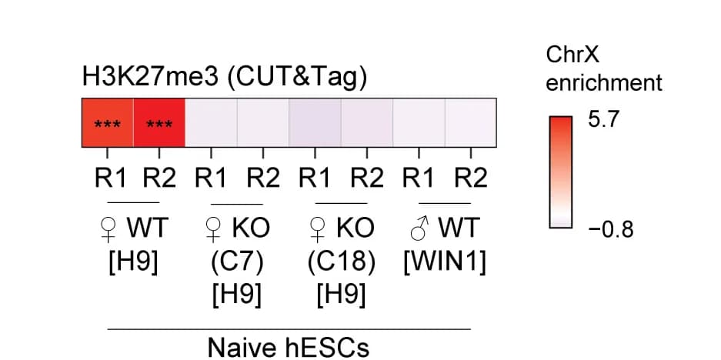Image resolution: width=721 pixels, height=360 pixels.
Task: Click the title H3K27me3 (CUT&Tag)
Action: [225, 77]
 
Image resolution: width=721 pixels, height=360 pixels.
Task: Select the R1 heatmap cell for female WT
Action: [108, 123]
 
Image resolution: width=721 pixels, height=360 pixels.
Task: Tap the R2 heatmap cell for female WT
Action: [159, 123]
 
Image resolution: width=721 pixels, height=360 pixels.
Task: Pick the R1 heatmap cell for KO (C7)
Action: [211, 123]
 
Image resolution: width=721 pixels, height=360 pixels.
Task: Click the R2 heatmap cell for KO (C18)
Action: [367, 123]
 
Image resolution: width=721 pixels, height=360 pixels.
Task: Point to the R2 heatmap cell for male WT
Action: [471, 123]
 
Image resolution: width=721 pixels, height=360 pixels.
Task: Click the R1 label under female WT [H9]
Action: [110, 178]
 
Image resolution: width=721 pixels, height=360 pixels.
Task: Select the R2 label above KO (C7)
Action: [263, 178]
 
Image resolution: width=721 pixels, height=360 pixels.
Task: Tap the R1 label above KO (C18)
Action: [315, 178]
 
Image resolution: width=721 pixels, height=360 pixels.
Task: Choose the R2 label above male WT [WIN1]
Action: [471, 178]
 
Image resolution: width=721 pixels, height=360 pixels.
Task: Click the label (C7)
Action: [237, 262]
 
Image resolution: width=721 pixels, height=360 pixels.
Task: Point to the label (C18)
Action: [341, 262]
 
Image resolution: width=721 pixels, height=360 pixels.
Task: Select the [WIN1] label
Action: [445, 262]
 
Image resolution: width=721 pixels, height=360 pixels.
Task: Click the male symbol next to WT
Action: [420, 228]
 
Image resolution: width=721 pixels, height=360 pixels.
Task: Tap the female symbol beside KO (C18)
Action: [317, 229]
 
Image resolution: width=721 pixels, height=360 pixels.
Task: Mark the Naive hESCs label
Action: [289, 347]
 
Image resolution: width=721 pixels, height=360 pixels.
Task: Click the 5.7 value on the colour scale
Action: [604, 120]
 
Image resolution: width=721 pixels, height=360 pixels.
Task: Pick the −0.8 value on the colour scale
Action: [611, 229]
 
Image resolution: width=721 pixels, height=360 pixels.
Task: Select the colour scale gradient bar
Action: [560, 172]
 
